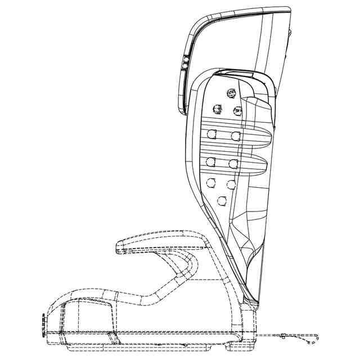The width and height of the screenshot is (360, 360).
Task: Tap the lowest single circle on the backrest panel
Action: coord(222,200)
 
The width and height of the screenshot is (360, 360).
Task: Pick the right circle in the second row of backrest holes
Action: coord(237,110)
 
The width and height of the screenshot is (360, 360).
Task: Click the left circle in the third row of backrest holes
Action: coord(212,134)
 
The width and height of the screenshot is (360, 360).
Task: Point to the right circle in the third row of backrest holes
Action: coord(236,136)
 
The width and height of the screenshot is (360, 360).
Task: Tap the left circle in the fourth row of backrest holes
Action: coord(211,162)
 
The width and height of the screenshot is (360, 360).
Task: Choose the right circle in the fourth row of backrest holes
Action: coord(233,164)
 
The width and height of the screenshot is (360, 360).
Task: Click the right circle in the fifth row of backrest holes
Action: coord(231,184)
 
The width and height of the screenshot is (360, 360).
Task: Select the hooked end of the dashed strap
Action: coord(315,339)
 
